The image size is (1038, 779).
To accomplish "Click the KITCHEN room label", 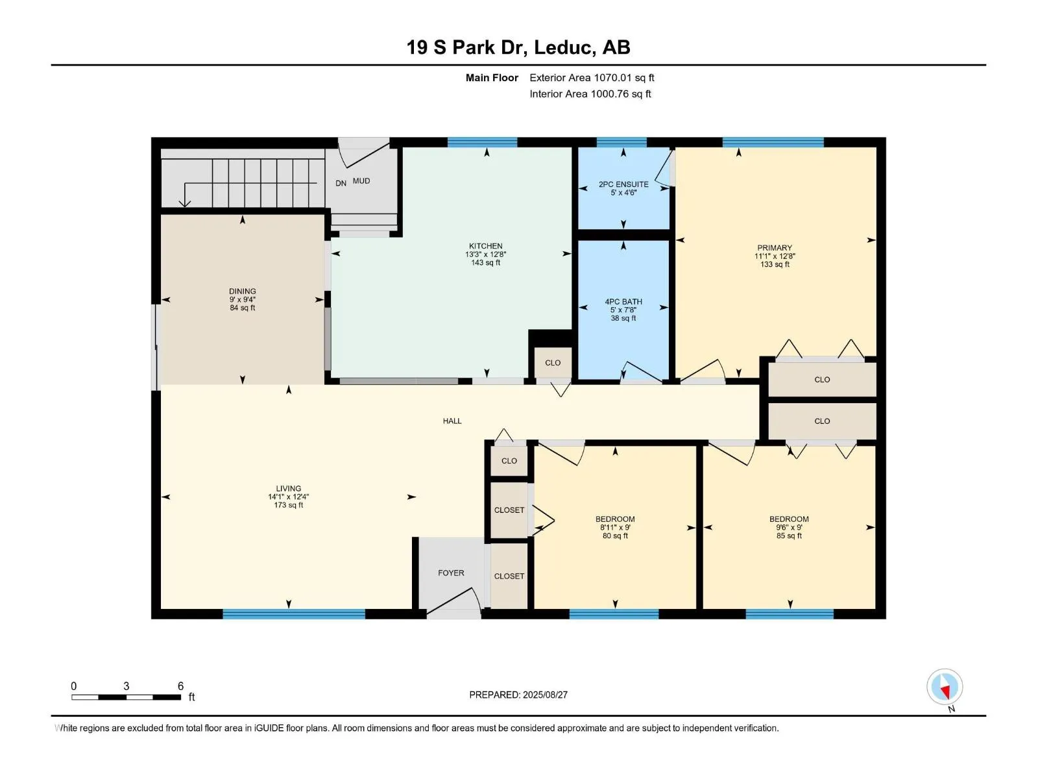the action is [x=485, y=246].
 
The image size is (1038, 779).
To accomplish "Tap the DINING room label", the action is [x=242, y=291].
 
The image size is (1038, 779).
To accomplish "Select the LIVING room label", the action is [x=288, y=489].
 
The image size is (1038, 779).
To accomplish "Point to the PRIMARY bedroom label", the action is [x=774, y=248].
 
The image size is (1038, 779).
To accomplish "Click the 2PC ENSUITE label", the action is [x=623, y=184].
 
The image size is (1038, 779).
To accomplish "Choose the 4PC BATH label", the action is [x=623, y=302].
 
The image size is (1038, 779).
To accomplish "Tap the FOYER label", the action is [x=451, y=573].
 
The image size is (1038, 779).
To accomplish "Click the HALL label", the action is [x=452, y=421].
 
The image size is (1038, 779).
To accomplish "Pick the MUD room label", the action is [x=361, y=181].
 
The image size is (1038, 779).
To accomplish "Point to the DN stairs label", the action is [x=341, y=183].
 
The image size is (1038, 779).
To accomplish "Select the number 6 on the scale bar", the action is [x=180, y=686].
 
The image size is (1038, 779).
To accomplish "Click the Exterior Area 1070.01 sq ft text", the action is [x=592, y=77].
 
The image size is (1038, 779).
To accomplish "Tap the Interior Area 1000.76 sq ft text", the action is [x=590, y=93].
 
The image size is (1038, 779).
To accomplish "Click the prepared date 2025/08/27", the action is [x=545, y=695].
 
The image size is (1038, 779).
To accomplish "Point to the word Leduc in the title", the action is [x=562, y=47].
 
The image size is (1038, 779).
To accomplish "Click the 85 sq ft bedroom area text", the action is [x=789, y=536].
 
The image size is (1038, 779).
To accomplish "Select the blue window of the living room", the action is [x=294, y=614].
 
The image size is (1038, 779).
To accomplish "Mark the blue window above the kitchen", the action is [x=482, y=142].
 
